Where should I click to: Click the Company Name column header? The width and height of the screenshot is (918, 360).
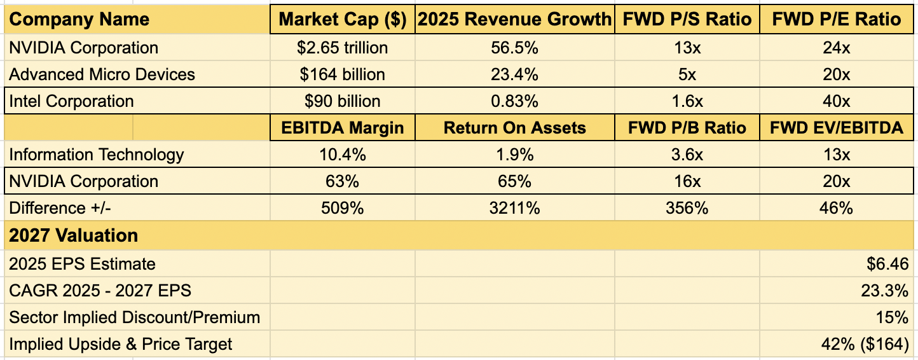point(79,20)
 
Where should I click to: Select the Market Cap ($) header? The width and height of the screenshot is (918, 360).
point(343,20)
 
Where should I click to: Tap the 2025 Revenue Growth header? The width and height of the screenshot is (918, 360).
point(514,20)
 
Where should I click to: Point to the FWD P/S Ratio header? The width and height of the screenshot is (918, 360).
point(687,20)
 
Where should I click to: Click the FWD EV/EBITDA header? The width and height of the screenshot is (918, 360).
point(837,128)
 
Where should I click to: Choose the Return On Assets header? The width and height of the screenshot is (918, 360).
point(514,128)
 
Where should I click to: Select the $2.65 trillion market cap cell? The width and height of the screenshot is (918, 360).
point(343,48)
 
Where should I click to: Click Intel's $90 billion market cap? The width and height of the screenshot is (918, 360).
point(343,101)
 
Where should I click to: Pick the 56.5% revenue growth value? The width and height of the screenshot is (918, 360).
point(514,48)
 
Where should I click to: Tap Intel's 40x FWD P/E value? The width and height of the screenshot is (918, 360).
point(837,101)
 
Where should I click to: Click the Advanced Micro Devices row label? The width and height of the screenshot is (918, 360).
point(102,74)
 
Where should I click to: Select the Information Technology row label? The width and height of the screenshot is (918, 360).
point(97,155)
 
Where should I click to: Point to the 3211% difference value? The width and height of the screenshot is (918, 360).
point(514,208)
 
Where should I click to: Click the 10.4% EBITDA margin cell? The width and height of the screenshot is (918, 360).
point(343,155)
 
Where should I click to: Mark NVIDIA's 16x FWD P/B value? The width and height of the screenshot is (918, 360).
point(687,181)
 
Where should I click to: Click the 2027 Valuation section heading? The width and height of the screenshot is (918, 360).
point(74,235)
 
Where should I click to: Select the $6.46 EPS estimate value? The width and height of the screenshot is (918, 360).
point(887,264)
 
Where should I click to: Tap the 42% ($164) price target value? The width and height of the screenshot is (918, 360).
point(865,344)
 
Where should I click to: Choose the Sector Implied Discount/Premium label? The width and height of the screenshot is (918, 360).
point(135,317)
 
